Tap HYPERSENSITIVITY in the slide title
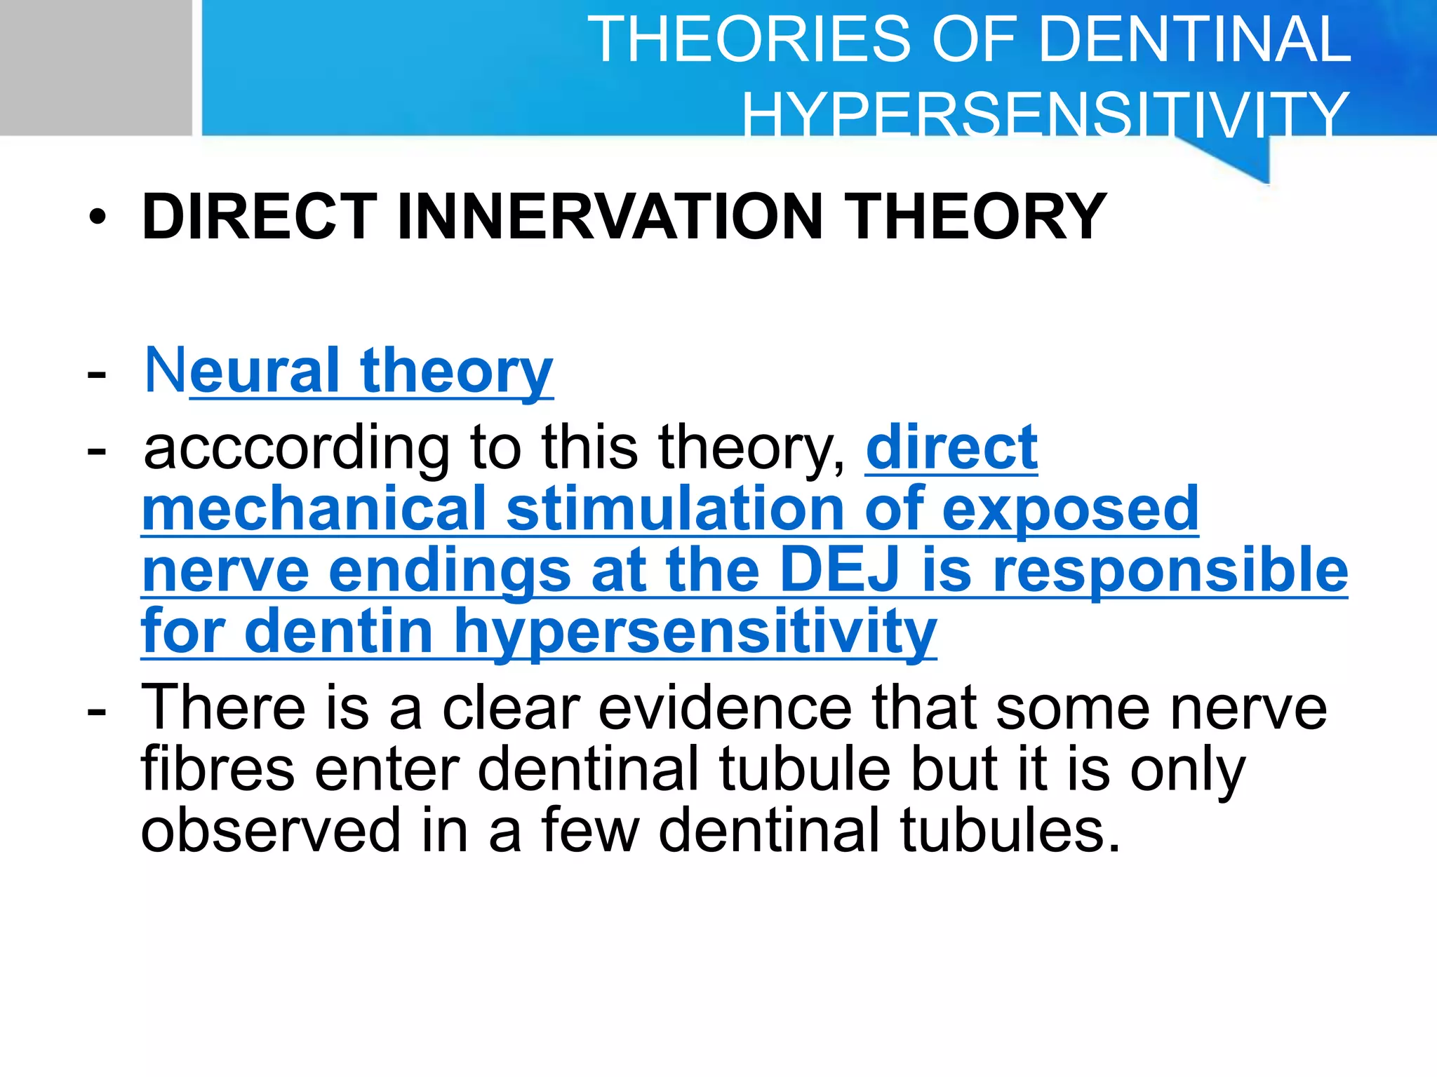[1045, 114]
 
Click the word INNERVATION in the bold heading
[610, 217]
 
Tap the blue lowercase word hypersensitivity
[695, 631]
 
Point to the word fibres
[218, 769]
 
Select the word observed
[270, 830]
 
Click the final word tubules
[1010, 830]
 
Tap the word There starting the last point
[223, 707]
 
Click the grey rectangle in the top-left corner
[95, 67]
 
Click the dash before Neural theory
[97, 373]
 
